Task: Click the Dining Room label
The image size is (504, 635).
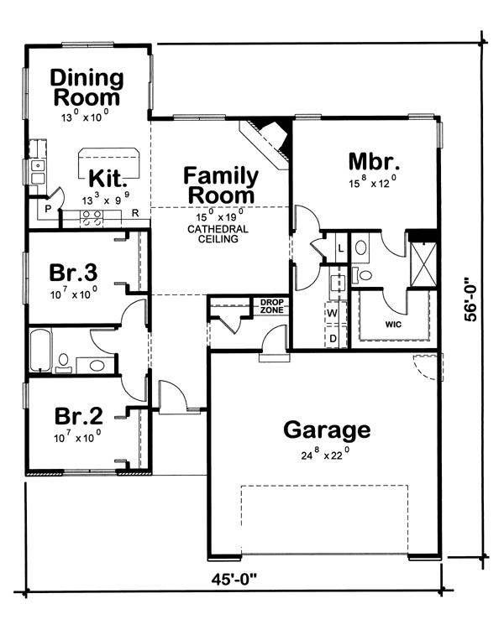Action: click(87, 88)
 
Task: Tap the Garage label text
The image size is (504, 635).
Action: click(327, 430)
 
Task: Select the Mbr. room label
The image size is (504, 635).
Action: click(374, 162)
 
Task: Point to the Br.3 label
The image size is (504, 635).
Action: click(73, 273)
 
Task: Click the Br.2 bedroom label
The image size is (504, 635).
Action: click(78, 416)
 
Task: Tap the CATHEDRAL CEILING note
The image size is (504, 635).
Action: click(218, 234)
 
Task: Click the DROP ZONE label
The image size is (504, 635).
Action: click(271, 306)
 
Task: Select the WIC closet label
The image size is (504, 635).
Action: click(393, 325)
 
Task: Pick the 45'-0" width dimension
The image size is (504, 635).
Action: click(234, 580)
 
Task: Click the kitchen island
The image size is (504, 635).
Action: click(108, 163)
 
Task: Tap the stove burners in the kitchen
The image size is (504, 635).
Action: click(92, 218)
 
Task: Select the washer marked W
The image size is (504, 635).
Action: click(333, 313)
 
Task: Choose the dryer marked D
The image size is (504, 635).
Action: click(333, 337)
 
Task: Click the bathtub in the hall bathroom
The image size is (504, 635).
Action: click(40, 351)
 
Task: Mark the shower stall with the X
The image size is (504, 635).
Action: click(423, 264)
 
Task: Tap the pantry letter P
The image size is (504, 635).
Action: click(48, 209)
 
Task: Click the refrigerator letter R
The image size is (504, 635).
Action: click(135, 213)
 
